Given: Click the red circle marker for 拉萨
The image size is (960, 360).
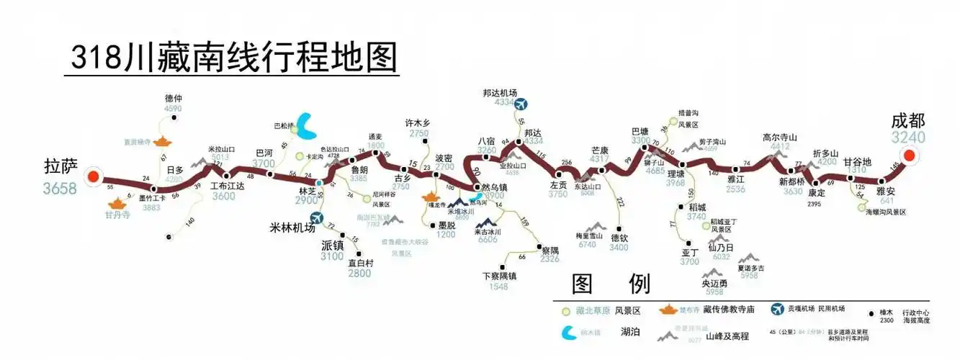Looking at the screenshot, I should click(91, 176).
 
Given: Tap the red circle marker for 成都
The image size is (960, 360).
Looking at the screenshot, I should click(909, 156).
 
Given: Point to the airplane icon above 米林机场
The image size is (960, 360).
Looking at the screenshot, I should click(316, 217).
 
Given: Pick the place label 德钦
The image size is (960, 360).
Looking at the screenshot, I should click(619, 237).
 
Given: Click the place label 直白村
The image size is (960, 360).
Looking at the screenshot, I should click(360, 263).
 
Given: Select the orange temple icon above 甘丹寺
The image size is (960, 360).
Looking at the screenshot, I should click(115, 205).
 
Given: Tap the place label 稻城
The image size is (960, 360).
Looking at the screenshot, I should click(696, 207).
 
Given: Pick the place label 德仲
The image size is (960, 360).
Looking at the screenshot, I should click(174, 99).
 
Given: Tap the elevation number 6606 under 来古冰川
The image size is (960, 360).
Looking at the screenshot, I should click(487, 240).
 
